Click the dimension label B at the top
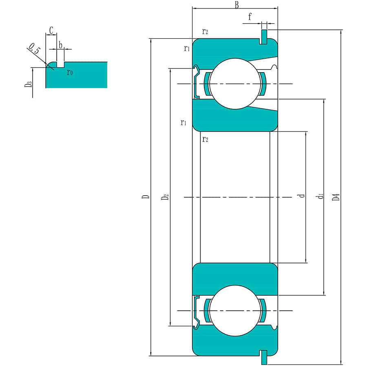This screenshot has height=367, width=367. (236, 5)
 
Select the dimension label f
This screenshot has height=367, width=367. (250, 17)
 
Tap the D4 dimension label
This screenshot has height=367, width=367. (336, 197)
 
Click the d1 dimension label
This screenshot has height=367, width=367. (321, 197)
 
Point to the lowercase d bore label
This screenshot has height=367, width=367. (302, 196)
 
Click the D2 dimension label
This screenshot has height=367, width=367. (165, 197)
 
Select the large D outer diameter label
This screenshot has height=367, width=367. (146, 197)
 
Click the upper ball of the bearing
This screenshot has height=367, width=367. (234, 84)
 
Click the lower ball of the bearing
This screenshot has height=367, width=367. (234, 311)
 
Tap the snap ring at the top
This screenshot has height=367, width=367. (264, 36)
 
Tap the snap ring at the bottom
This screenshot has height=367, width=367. (264, 357)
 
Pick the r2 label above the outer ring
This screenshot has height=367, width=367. (205, 31)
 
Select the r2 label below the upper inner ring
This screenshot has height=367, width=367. (205, 139)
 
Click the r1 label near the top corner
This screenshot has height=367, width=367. (186, 49)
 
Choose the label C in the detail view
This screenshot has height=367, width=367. (51, 30)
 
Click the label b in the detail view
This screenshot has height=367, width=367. (60, 45)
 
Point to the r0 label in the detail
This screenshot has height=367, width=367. (70, 73)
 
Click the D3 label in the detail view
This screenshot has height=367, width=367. (28, 84)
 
